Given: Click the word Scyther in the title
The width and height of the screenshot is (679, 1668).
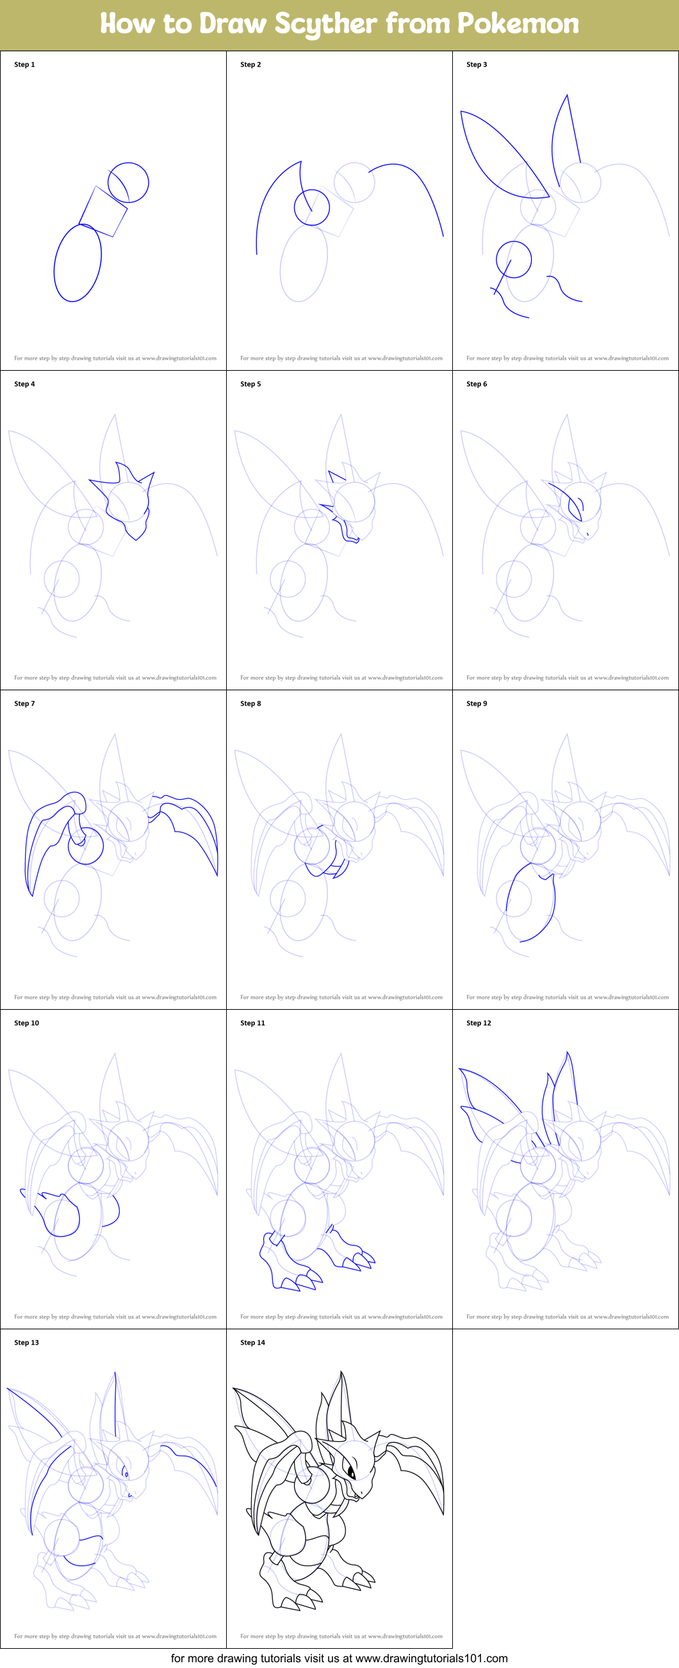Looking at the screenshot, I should click(325, 24).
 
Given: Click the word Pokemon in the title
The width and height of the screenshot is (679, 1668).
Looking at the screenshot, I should click(518, 24).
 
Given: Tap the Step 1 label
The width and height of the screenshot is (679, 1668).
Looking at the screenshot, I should click(24, 65).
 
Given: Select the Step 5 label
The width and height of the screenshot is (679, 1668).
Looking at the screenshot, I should click(250, 384).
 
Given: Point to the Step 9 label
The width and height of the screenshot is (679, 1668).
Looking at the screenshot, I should click(477, 703).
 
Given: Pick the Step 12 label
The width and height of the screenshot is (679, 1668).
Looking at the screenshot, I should click(479, 1023).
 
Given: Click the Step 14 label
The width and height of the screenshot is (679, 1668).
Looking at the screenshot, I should click(252, 1342).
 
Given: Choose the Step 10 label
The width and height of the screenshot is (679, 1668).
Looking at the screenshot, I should click(26, 1023).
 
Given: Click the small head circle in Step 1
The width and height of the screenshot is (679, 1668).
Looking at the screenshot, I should click(128, 182).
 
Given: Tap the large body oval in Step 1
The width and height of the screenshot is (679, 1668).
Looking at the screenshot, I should click(78, 263).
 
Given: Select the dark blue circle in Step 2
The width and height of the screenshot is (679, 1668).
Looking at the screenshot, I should click(312, 207).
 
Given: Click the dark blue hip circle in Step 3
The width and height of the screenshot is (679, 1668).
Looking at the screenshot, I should click(514, 259).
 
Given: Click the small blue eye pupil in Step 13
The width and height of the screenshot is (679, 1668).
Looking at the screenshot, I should click(126, 1475).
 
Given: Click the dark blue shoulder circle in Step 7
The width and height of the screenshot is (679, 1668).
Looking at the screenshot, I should click(86, 846).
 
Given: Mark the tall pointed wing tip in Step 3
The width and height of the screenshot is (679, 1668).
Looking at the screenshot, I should click(567, 97).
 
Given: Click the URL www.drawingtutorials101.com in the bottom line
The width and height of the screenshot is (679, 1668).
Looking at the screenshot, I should click(432, 1658).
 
